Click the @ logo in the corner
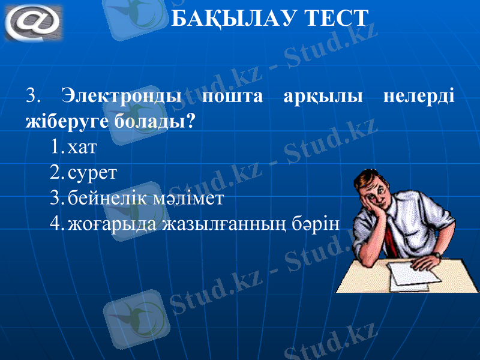pos(33,22)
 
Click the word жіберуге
pos(67,122)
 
